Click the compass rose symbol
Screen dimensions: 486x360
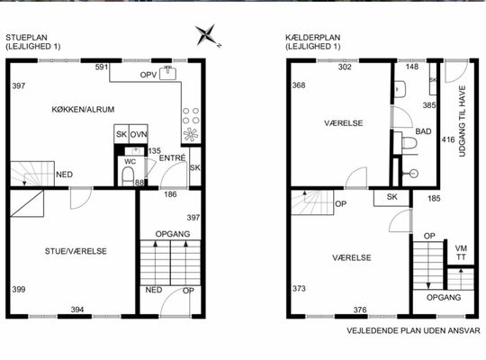[205, 35]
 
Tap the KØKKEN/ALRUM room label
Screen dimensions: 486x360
[83, 110]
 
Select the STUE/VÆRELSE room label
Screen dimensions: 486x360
[76, 251]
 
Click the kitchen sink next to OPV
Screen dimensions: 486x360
[167, 73]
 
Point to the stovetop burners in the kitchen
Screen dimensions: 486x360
[191, 116]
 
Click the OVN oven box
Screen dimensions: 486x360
[139, 134]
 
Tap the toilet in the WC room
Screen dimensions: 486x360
[128, 176]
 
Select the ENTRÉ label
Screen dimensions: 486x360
[172, 157]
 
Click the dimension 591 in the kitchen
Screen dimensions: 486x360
[102, 67]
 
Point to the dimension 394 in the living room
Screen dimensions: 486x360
[77, 310]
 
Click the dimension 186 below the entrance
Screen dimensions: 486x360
[170, 194]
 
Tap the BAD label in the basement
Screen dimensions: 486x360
[423, 131]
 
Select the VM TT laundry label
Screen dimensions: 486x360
[461, 253]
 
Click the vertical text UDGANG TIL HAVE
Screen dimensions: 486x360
[462, 121]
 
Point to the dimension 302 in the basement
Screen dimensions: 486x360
[345, 67]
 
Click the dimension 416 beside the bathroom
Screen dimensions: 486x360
[448, 139]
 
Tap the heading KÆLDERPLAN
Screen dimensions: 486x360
[312, 38]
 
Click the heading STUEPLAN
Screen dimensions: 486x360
[27, 38]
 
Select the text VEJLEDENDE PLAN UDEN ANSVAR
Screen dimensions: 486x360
[413, 330]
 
